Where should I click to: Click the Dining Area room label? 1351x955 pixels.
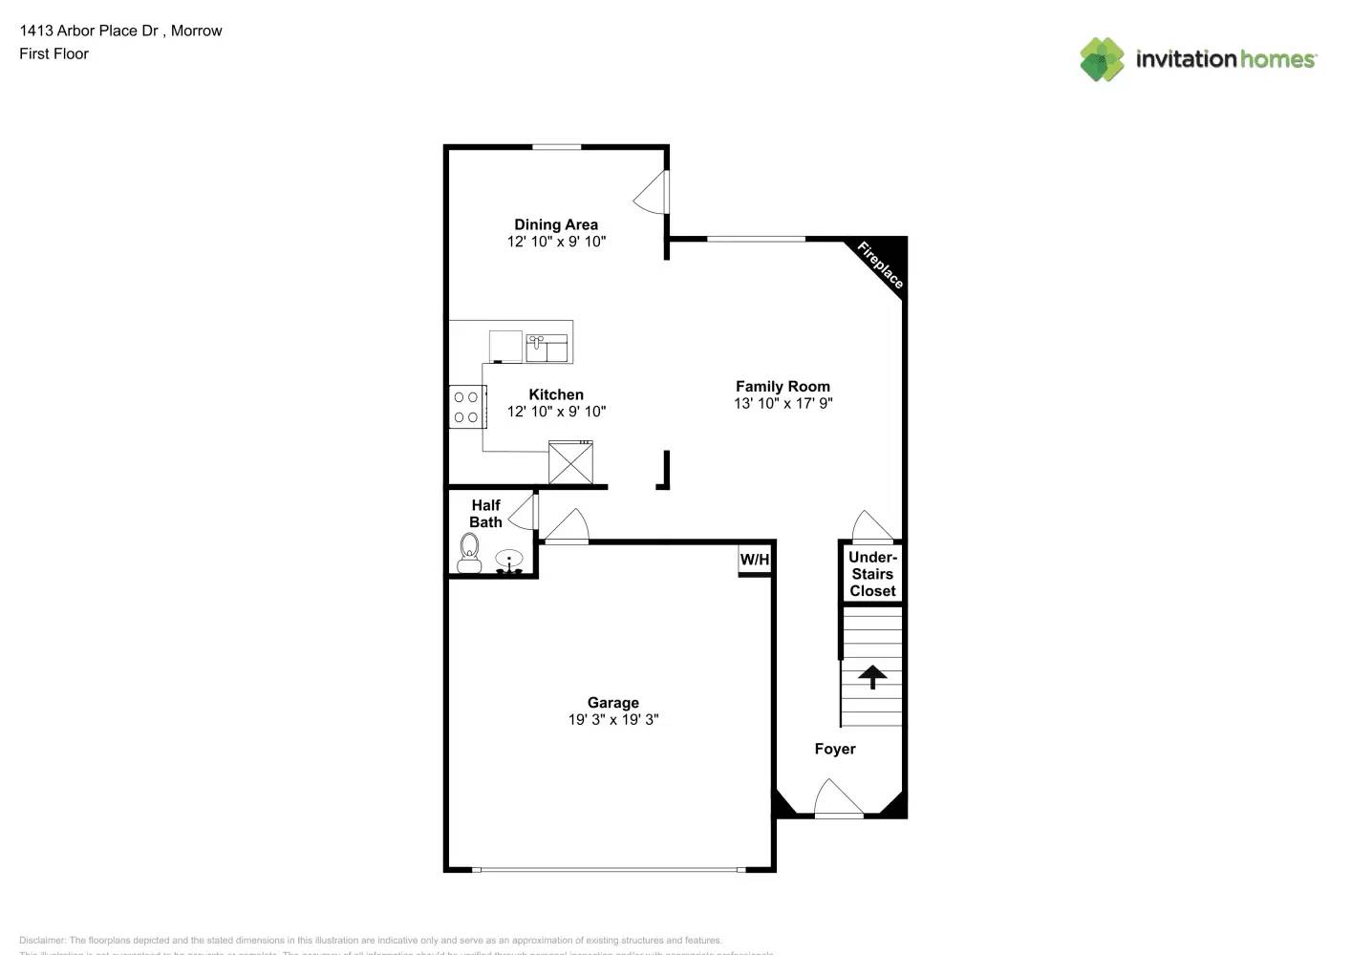(556, 224)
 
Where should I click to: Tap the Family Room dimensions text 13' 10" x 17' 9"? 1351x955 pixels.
(783, 403)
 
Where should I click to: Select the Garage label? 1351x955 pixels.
(612, 702)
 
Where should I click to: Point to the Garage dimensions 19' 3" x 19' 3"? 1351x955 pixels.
(612, 719)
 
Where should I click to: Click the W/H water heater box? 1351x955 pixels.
(755, 560)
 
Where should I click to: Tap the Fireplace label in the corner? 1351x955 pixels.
(880, 265)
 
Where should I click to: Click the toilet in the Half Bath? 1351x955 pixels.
(469, 553)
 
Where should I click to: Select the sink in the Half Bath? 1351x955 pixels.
(509, 560)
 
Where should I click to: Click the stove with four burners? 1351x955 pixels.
(466, 407)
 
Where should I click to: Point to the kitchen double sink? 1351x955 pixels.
(547, 347)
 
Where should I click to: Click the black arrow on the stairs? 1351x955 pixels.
(871, 676)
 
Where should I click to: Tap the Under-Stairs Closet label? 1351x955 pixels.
(872, 574)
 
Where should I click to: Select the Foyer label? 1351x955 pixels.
(834, 749)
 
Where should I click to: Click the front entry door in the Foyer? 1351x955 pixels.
(838, 800)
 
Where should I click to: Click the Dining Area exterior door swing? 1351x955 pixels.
(652, 193)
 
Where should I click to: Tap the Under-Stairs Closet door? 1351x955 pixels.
(871, 527)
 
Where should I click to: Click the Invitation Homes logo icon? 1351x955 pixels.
(1102, 59)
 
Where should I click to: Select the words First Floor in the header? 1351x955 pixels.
(54, 53)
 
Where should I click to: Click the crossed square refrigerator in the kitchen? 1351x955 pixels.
(570, 463)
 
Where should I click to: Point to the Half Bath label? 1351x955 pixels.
(485, 514)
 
